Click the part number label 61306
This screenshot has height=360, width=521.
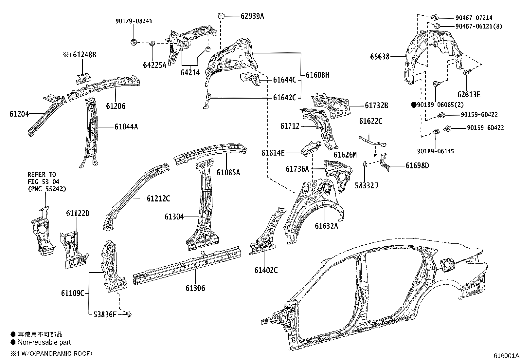pyautogui.click(x=195, y=288)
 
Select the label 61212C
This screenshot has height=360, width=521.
pyautogui.click(x=158, y=199)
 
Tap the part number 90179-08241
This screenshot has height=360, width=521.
pyautogui.click(x=134, y=21)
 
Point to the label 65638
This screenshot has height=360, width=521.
pyautogui.click(x=380, y=57)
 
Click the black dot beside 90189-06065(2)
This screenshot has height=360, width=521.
pyautogui.click(x=414, y=105)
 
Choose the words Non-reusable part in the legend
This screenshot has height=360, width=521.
pyautogui.click(x=44, y=343)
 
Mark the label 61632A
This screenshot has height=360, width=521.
pyautogui.click(x=326, y=226)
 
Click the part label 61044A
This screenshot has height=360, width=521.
pyautogui.click(x=126, y=127)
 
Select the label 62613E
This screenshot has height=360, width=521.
pyautogui.click(x=469, y=95)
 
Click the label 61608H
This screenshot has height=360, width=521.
pyautogui.click(x=317, y=75)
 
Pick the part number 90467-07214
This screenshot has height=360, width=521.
pyautogui.click(x=474, y=18)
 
